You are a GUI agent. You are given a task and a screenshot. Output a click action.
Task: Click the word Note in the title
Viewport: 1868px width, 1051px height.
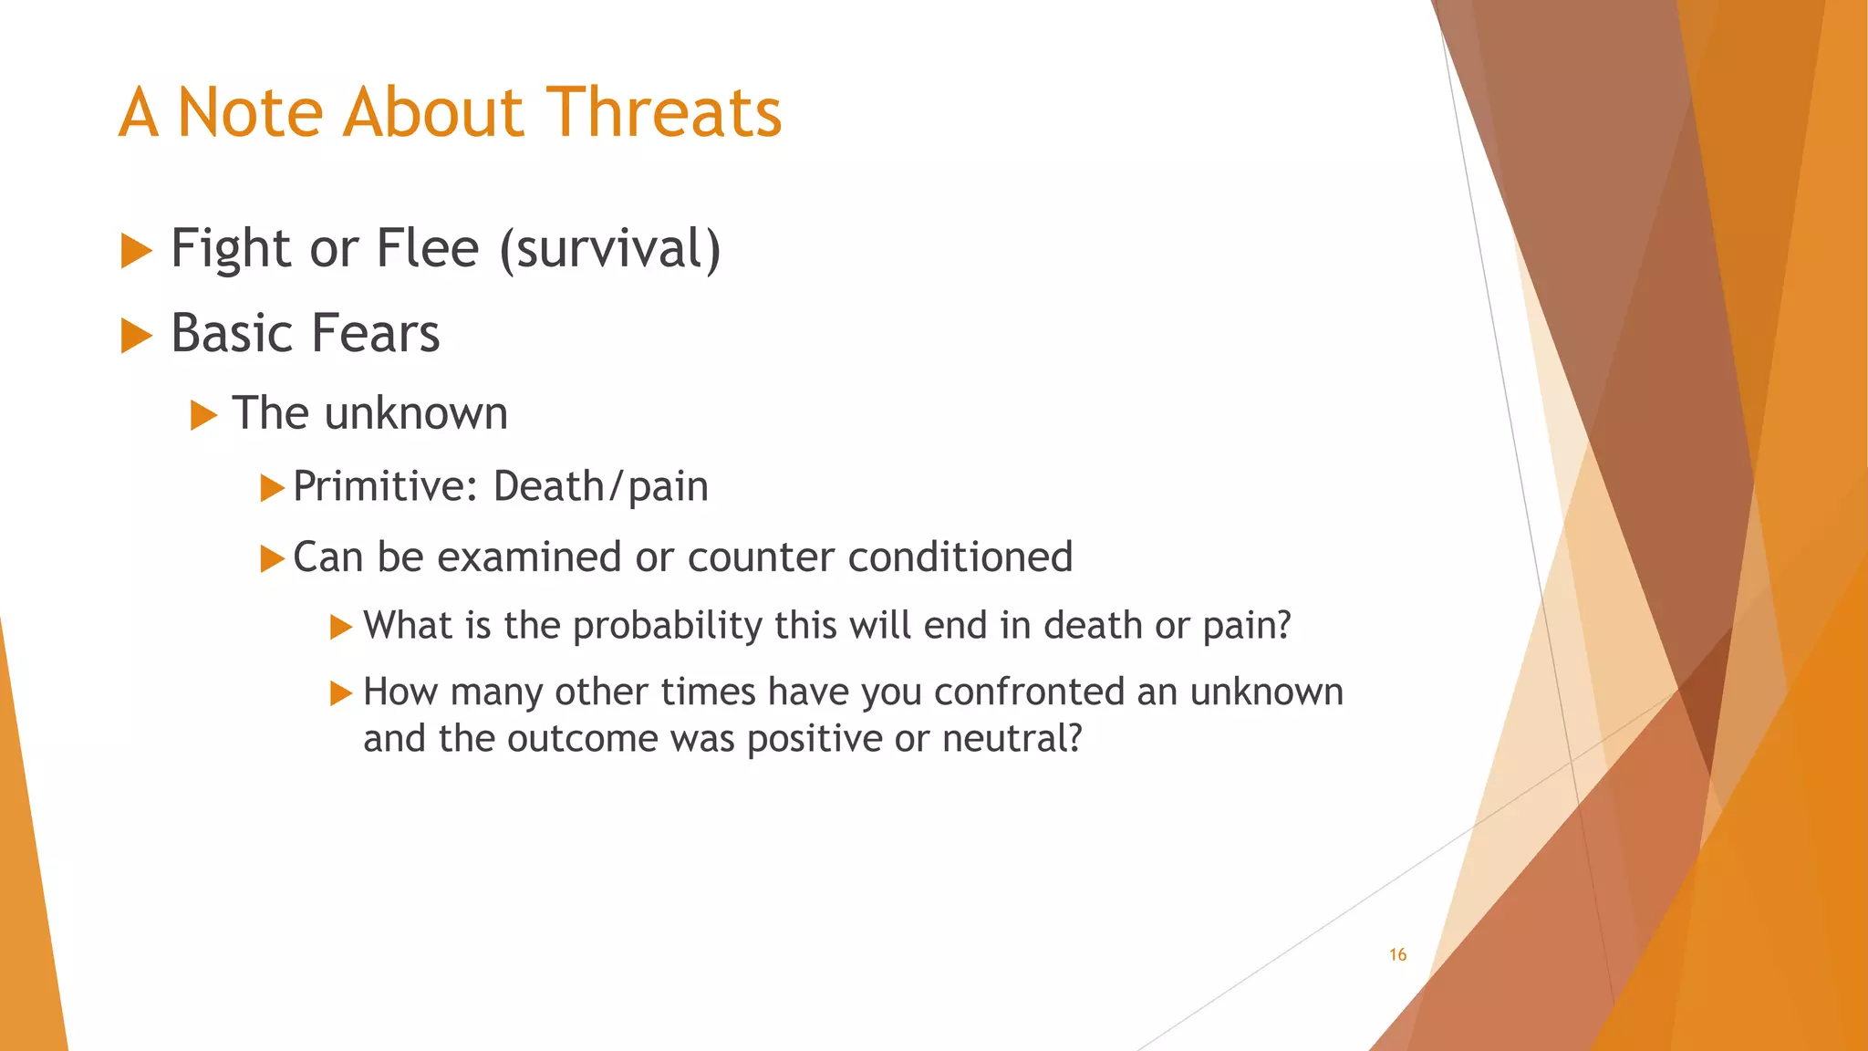coord(250,112)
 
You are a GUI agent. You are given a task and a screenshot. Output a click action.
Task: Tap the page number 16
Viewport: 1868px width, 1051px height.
coord(1397,954)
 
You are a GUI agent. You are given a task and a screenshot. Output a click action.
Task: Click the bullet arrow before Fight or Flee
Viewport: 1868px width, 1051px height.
coord(136,250)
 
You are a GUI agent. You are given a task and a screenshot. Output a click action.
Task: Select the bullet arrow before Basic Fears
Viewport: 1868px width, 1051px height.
coord(136,335)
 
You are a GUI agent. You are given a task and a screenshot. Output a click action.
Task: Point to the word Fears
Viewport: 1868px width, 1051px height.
coord(375,333)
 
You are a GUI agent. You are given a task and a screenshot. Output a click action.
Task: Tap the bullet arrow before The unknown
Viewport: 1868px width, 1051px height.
coord(203,415)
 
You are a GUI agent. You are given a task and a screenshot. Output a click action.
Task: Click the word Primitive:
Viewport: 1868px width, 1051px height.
coord(386,486)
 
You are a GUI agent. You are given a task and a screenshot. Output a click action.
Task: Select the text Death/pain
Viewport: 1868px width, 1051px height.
coord(600,486)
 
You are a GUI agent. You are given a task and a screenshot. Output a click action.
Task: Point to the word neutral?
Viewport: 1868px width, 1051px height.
coord(1012,738)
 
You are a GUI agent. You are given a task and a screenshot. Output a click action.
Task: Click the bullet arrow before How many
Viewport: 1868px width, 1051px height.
coord(340,693)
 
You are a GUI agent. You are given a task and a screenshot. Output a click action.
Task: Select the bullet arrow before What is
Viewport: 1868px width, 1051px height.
coord(340,627)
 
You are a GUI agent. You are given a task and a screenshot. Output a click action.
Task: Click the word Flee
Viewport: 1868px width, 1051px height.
coord(427,249)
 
